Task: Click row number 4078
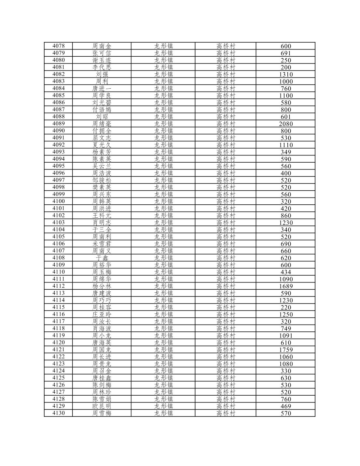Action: click(x=58, y=46)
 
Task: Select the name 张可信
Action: click(x=102, y=53)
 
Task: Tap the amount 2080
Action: click(x=286, y=124)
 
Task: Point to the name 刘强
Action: click(x=102, y=74)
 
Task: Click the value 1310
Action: click(x=286, y=74)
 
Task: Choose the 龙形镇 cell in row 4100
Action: click(x=163, y=201)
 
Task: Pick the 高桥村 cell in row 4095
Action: click(x=225, y=166)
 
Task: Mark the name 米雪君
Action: click(x=102, y=244)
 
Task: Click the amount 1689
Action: click(x=286, y=286)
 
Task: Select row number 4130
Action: click(x=58, y=413)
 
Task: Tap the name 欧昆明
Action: click(x=102, y=406)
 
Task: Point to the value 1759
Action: click(x=286, y=350)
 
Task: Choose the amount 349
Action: click(x=286, y=152)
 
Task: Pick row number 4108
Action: click(x=58, y=258)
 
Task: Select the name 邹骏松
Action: click(x=102, y=180)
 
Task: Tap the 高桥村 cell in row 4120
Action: click(x=225, y=342)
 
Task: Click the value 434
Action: click(x=286, y=272)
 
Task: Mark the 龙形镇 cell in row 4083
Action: click(x=163, y=81)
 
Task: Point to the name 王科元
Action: click(x=102, y=215)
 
